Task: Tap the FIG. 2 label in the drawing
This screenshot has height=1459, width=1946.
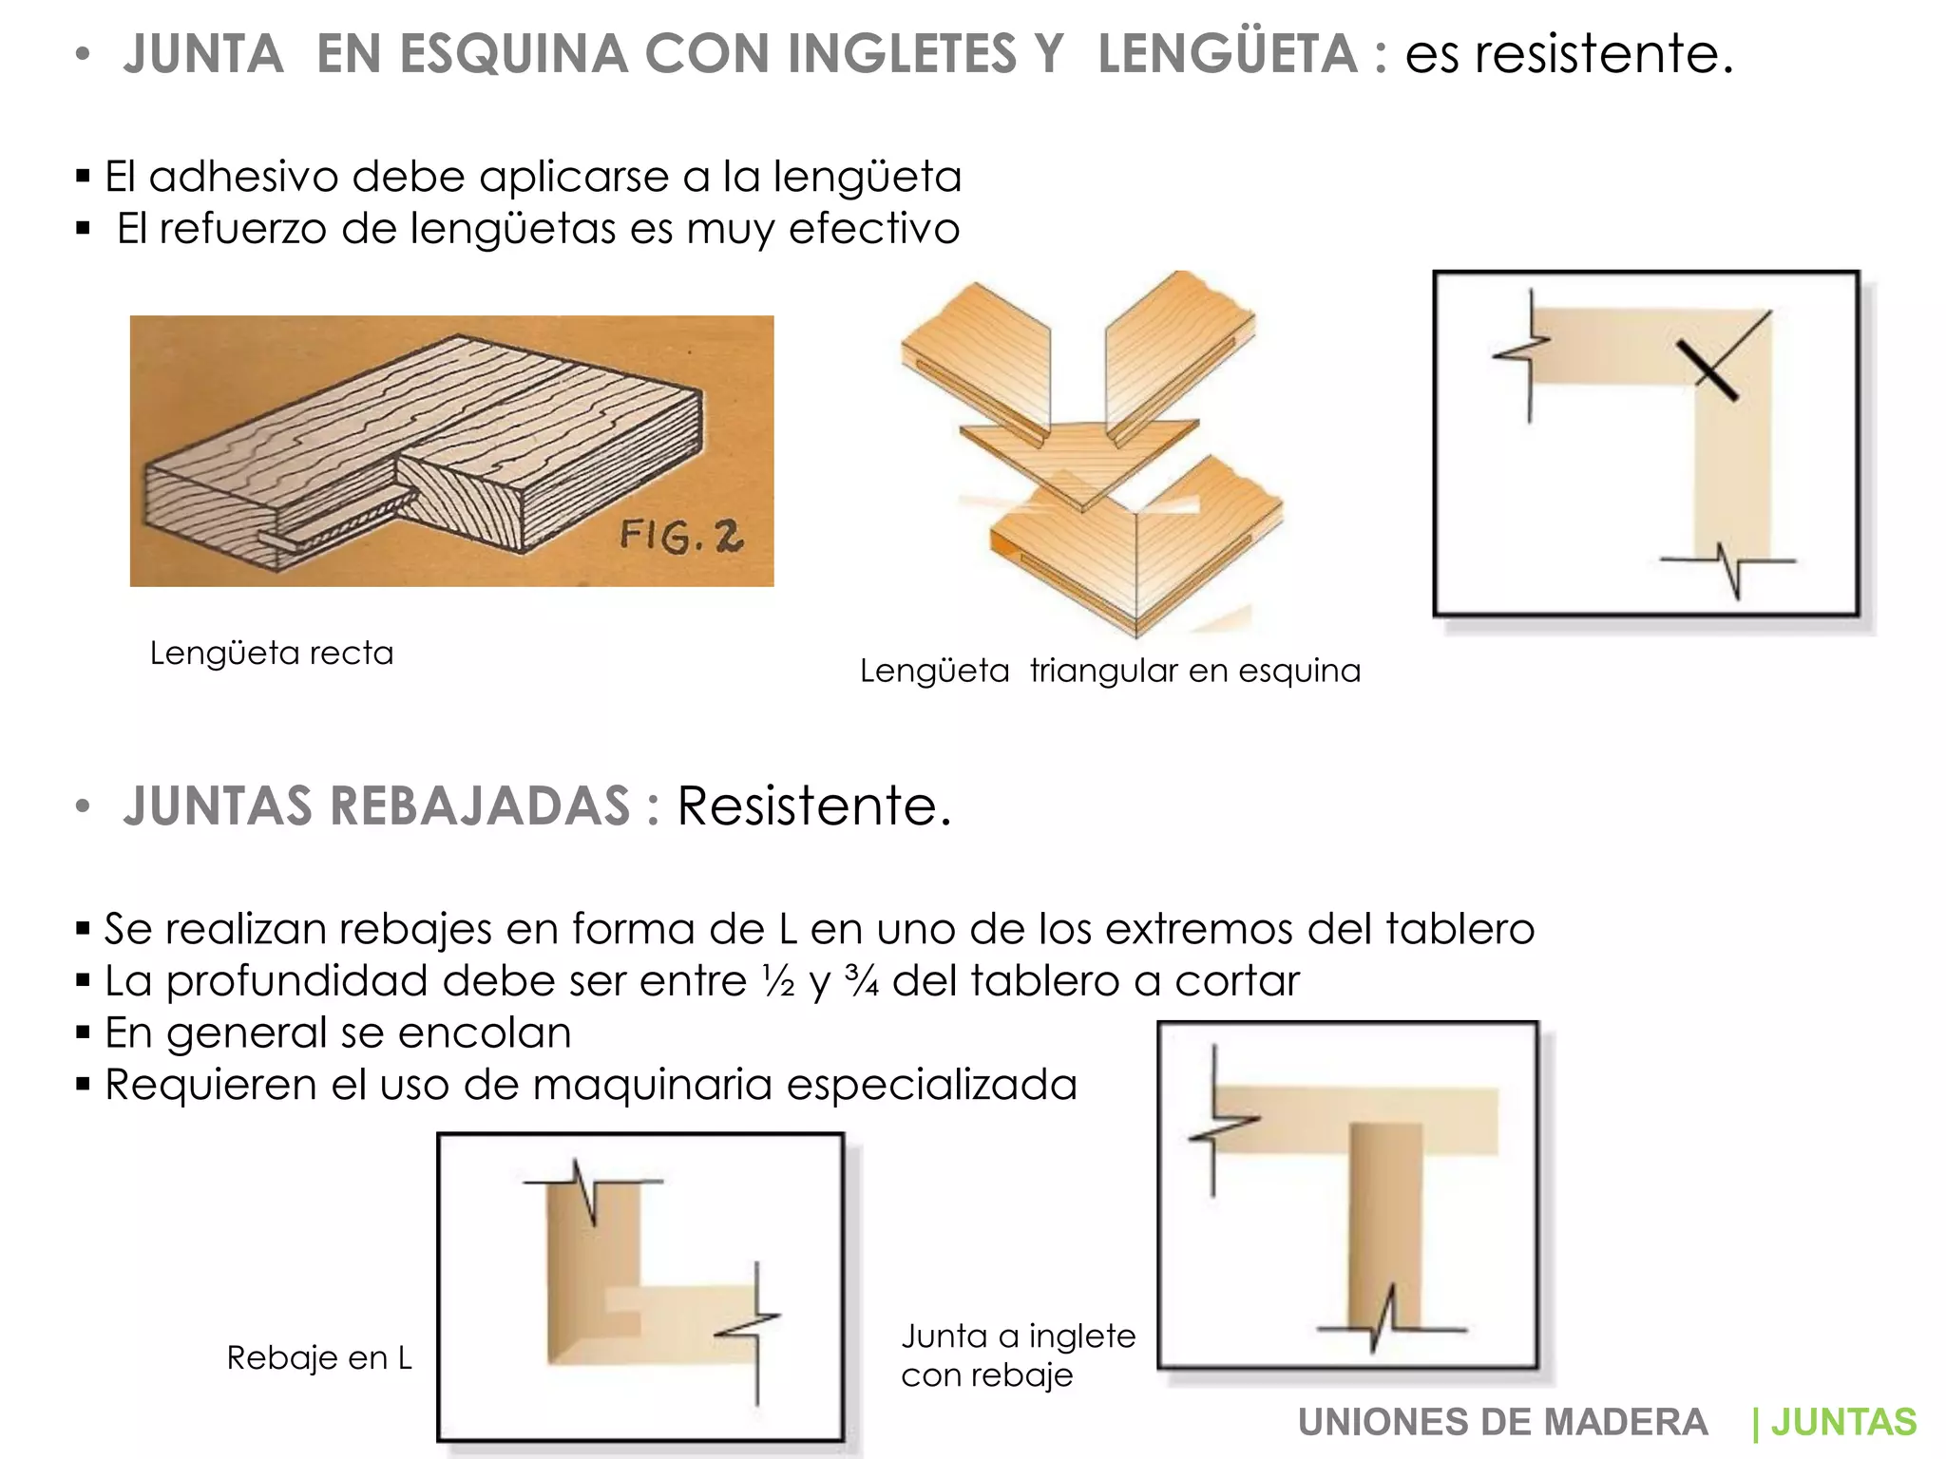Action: pos(680,537)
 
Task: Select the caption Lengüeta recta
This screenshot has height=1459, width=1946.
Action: pos(272,654)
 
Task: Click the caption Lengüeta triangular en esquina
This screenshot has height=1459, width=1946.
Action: pos(1110,671)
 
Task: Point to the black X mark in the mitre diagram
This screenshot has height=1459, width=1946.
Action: pos(1708,369)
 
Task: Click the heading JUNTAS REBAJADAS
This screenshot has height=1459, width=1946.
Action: pos(376,805)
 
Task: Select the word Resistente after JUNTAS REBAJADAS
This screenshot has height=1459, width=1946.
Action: pos(813,805)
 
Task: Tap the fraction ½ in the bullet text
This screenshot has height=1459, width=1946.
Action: pos(778,981)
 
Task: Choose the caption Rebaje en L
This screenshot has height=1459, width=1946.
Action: pos(319,1358)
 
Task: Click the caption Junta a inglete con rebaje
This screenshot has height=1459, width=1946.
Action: pos(1018,1355)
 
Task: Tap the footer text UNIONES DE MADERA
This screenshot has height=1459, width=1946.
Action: pos(1502,1422)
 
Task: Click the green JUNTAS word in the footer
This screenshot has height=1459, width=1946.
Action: pos(1843,1422)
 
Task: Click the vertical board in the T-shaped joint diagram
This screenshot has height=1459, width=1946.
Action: pos(1385,1225)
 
